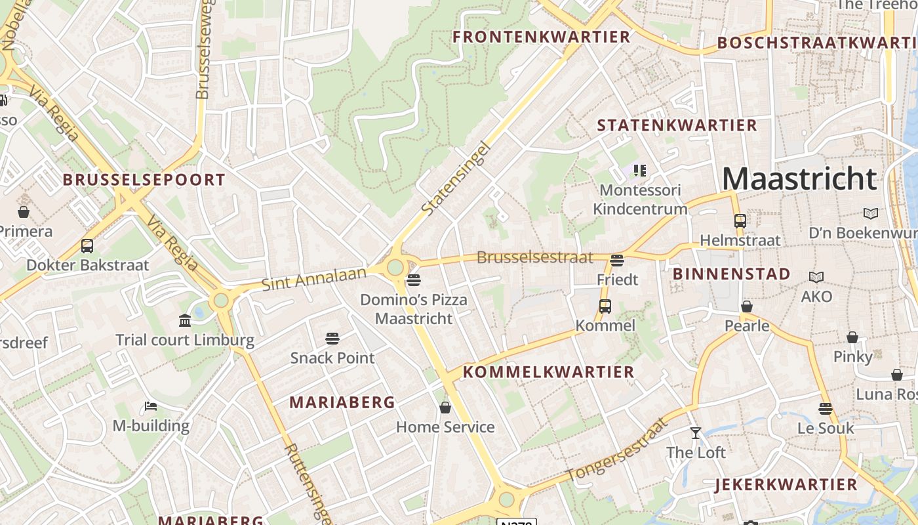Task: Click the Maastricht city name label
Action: (x=799, y=178)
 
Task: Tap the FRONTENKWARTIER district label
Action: (x=541, y=37)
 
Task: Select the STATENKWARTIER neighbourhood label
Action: (x=677, y=125)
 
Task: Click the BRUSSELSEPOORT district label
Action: (x=144, y=180)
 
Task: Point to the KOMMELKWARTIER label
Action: (x=549, y=372)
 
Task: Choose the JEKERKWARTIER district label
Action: (x=786, y=485)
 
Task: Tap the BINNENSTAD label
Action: (x=731, y=274)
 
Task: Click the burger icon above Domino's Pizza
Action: (x=413, y=281)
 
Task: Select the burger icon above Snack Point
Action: (x=332, y=339)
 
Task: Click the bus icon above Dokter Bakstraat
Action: (x=87, y=246)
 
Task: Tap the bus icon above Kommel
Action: (x=605, y=306)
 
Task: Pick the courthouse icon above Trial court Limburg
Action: (x=185, y=321)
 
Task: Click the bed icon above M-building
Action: (x=151, y=407)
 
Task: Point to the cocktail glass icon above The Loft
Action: (x=696, y=433)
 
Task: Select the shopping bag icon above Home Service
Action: (x=445, y=408)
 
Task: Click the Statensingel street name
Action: (x=456, y=178)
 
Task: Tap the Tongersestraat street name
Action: (x=617, y=450)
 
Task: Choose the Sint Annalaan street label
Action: (x=313, y=279)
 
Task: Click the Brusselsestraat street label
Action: (x=534, y=257)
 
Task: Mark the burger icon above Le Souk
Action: (x=826, y=409)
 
